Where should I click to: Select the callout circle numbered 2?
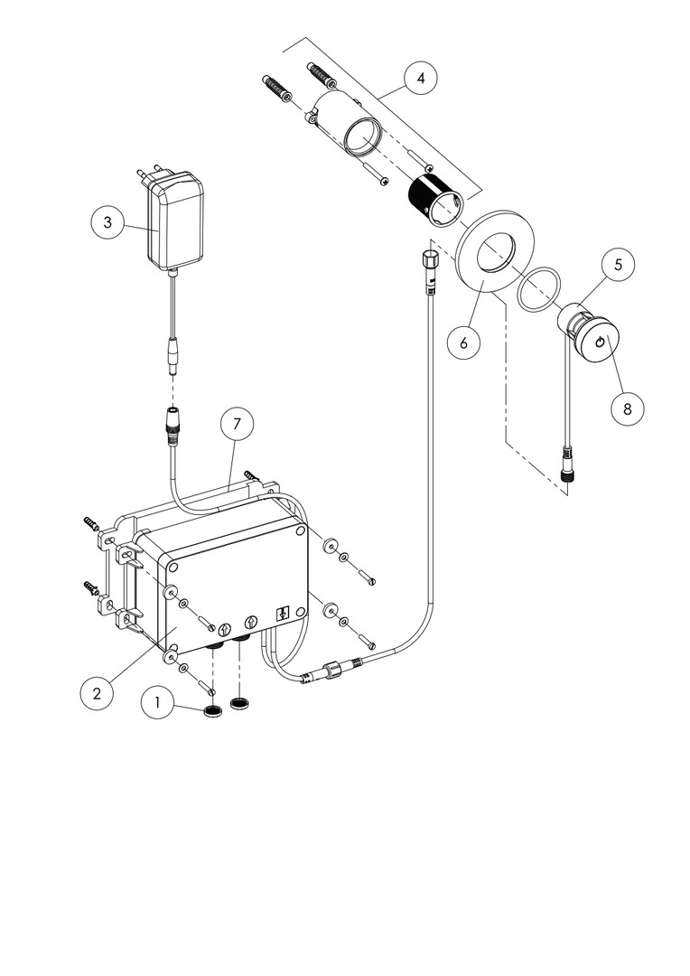tap(96, 693)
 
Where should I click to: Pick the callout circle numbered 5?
tap(618, 265)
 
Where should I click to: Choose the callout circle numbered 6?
tap(462, 343)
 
